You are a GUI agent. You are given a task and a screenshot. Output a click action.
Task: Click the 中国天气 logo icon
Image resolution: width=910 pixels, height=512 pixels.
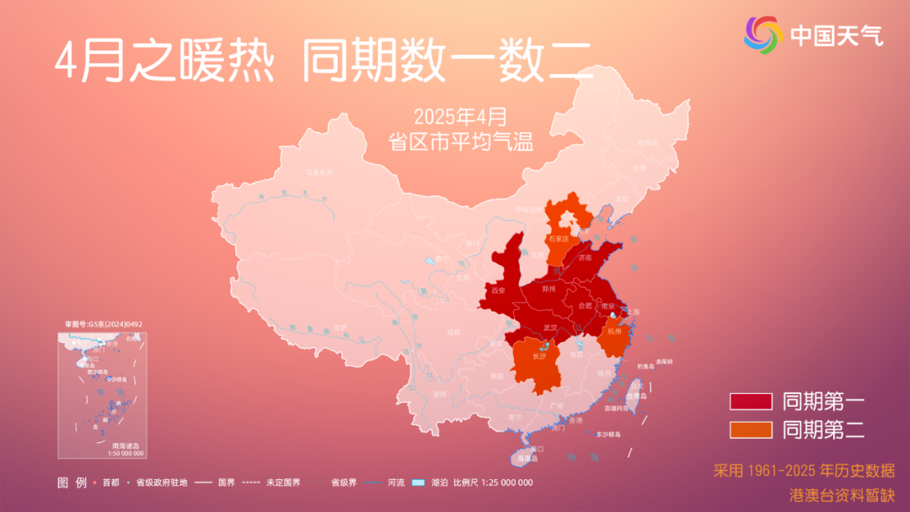point(763,34)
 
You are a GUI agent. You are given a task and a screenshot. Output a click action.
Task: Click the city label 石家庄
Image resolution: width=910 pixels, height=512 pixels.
point(559,239)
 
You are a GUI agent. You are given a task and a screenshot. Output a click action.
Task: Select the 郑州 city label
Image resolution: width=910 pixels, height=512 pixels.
point(549,289)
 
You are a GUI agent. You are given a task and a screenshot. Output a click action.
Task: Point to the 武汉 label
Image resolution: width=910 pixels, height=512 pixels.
point(550,327)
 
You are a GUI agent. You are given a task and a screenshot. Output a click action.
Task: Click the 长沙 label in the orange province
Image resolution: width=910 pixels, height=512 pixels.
point(539,356)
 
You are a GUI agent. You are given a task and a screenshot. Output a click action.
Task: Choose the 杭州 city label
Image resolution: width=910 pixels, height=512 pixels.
point(614,332)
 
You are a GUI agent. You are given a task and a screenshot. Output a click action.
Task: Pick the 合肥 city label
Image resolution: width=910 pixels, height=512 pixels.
point(584,306)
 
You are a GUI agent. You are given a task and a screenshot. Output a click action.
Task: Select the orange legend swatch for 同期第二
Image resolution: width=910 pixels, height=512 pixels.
point(751,429)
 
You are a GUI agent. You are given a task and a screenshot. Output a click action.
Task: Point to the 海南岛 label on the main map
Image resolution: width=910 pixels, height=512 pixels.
point(527,458)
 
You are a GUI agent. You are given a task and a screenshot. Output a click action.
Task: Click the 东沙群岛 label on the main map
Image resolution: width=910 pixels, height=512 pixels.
point(608,435)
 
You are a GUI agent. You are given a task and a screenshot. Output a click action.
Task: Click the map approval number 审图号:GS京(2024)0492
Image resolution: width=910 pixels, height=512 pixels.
point(103,324)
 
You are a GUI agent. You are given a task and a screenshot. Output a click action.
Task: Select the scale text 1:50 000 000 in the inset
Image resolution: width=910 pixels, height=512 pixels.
point(126,453)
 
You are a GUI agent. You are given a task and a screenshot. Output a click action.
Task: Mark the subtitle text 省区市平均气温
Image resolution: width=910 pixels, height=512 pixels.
point(461,141)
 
